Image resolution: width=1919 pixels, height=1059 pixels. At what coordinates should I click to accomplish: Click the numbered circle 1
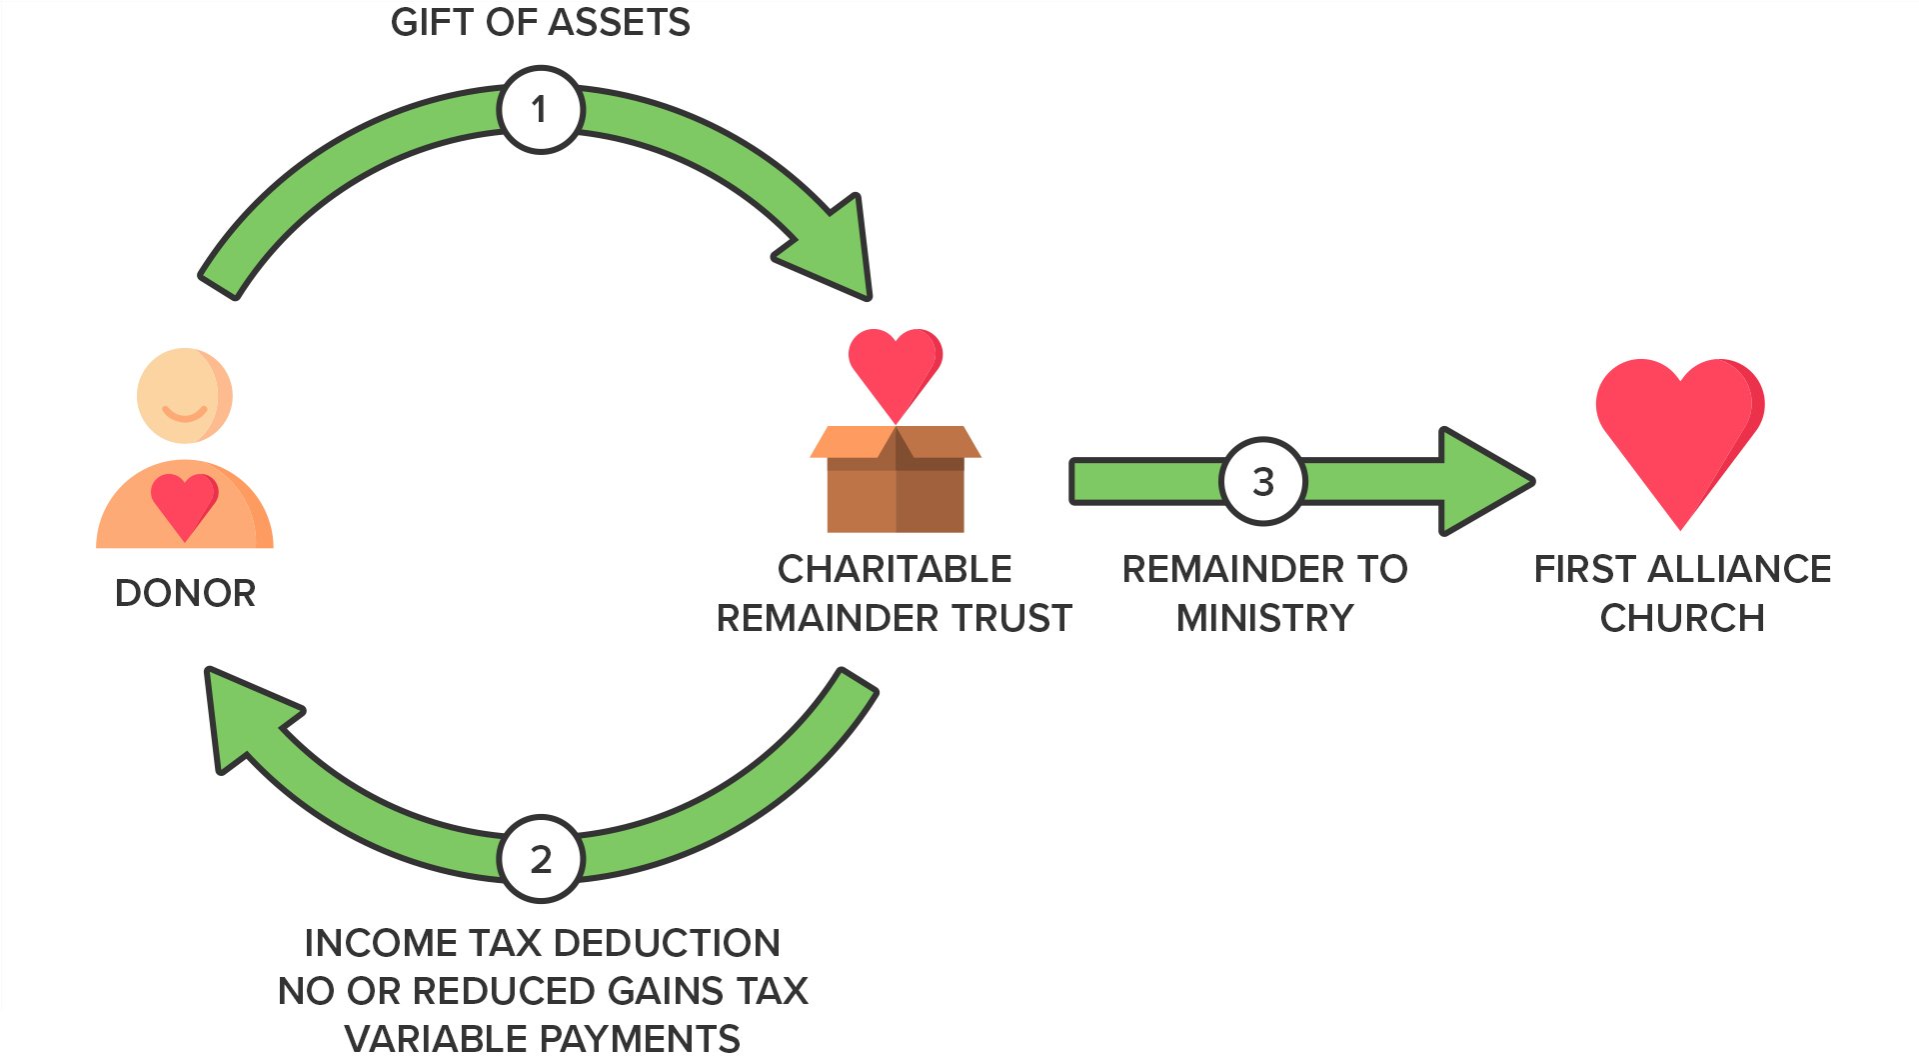point(540,109)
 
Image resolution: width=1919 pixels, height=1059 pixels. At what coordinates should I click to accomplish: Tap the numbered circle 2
point(540,859)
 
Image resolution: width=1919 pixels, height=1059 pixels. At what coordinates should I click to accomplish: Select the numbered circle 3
point(1263,481)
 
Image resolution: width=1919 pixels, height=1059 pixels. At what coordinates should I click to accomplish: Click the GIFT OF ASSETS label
point(540,22)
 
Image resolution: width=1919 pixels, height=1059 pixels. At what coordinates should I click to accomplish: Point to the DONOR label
point(185,593)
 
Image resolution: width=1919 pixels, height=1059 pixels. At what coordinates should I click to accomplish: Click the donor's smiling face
point(185,396)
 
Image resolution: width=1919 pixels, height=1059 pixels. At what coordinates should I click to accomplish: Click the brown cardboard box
point(896,479)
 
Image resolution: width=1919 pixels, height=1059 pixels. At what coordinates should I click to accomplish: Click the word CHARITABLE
point(895,569)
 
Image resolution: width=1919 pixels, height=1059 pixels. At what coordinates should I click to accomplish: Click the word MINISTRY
point(1264,618)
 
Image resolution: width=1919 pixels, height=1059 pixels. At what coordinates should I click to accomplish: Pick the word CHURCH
point(1682,618)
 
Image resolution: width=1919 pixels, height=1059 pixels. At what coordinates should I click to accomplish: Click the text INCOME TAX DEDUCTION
point(542,943)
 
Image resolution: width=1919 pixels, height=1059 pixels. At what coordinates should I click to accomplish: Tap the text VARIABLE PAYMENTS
point(542,1039)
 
